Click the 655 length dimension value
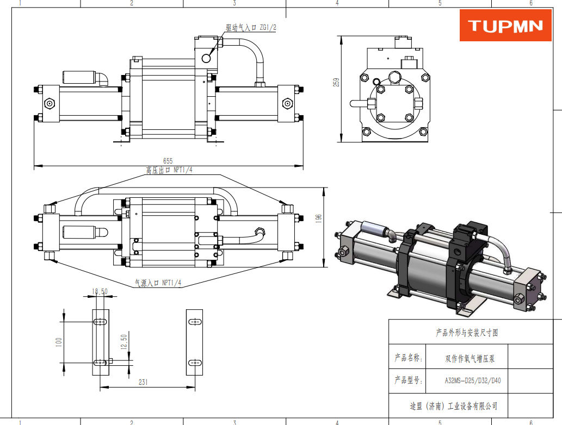tap(168, 161)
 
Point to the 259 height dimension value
tap(337, 82)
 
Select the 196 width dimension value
tap(319, 218)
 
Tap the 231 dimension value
tap(143, 383)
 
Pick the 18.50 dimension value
tap(100, 292)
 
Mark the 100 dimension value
tap(59, 341)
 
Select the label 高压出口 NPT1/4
tap(169, 170)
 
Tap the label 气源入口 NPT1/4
tap(158, 283)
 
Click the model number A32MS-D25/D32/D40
tap(472, 380)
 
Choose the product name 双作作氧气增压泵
tap(470, 359)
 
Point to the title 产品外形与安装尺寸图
tap(467, 333)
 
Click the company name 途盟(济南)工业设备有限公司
tap(454, 406)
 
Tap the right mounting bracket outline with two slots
tap(194, 342)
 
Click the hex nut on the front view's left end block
tap(50, 103)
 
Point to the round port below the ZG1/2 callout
tap(207, 58)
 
